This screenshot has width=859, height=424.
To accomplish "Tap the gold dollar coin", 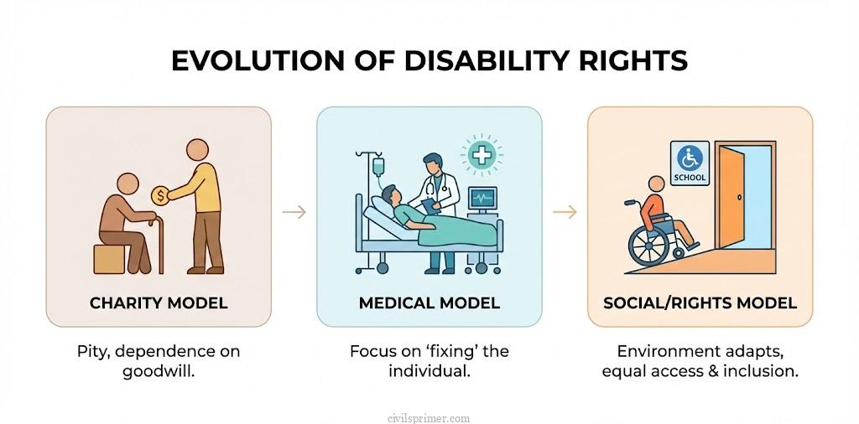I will pos(158,195).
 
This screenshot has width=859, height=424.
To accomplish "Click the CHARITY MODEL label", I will pos(159,302).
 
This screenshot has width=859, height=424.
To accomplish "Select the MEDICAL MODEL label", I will pos(429,302).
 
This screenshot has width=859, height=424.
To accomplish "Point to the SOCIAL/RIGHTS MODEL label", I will pos(700,302).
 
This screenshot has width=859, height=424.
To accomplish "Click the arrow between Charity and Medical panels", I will pos(294,212).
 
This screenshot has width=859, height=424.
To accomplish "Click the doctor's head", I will pos(431,162).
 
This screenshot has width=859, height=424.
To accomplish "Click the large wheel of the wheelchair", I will pos(648,246).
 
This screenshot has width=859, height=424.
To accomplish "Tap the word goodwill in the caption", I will pos(159,370).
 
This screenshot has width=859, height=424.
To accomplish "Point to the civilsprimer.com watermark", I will pos(429,416).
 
